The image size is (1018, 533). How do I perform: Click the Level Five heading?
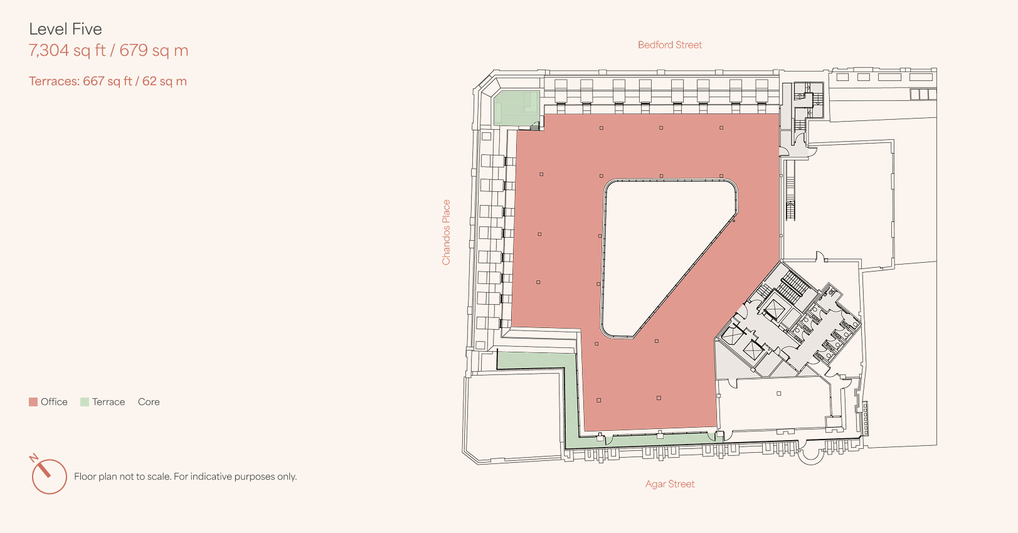[65, 29]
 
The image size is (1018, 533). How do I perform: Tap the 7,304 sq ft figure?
[67, 50]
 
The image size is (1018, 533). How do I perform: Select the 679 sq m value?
[154, 50]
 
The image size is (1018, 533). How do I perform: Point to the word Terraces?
[54, 82]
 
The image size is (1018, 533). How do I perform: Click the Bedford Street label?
[670, 45]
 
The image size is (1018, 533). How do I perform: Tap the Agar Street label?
[670, 484]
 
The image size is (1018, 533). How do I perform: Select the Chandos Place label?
[446, 232]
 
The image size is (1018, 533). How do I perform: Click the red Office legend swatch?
[33, 402]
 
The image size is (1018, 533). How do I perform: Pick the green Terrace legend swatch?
[85, 402]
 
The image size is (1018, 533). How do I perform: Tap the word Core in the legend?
[149, 402]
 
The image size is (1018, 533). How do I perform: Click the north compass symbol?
[49, 476]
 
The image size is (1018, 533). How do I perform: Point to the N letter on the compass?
[34, 458]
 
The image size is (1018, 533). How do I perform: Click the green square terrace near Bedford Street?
[517, 108]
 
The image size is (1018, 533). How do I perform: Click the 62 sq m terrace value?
[164, 82]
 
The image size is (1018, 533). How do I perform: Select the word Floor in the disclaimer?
[84, 476]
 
